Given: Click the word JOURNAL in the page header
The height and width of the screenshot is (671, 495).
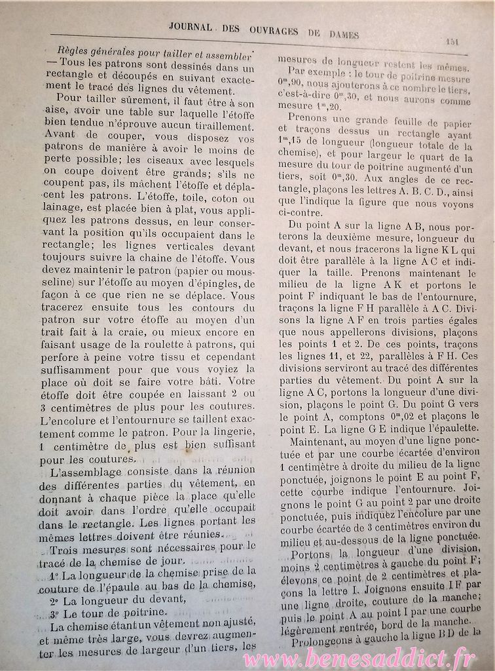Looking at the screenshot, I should [190, 27].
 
